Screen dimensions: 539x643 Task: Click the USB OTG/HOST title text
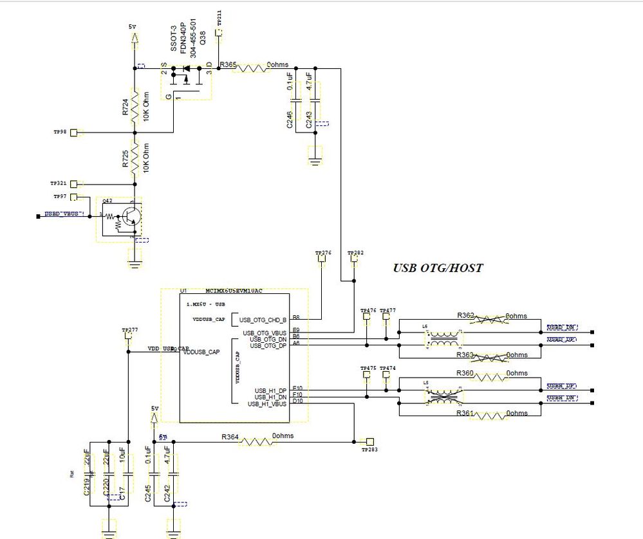pyautogui.click(x=438, y=268)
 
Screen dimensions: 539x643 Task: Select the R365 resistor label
pyautogui.click(x=228, y=65)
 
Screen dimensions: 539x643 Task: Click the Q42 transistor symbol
pyautogui.click(x=129, y=217)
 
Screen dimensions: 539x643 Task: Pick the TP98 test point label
pyautogui.click(x=61, y=132)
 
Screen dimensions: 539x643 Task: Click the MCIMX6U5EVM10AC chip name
pyautogui.click(x=234, y=291)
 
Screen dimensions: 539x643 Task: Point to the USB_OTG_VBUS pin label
pyautogui.click(x=265, y=333)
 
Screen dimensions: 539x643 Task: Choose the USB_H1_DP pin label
pyautogui.click(x=270, y=390)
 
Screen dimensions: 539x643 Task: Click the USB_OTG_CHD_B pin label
pyautogui.click(x=263, y=320)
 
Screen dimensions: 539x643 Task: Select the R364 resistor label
pyautogui.click(x=230, y=437)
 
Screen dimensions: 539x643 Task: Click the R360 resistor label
pyautogui.click(x=465, y=373)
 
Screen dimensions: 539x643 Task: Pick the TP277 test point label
pyautogui.click(x=129, y=330)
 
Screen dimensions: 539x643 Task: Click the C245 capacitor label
pyautogui.click(x=149, y=492)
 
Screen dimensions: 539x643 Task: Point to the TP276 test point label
pyautogui.click(x=323, y=253)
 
